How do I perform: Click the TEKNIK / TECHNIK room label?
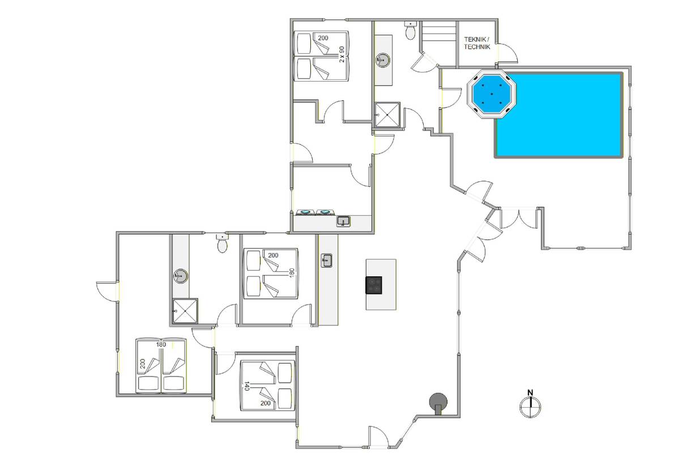(477, 43)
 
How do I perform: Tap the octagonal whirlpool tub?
(492, 94)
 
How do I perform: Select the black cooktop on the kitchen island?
(373, 285)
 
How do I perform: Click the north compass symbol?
(530, 407)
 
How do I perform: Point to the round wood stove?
(438, 403)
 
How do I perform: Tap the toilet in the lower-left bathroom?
(222, 243)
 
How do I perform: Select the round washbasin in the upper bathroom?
(383, 59)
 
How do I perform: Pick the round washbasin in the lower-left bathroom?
(181, 276)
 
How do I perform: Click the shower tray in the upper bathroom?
(387, 114)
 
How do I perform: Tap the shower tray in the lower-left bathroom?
(185, 311)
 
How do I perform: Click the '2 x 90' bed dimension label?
(342, 54)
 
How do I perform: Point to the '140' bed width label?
(246, 386)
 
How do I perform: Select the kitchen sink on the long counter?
(326, 260)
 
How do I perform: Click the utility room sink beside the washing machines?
(343, 221)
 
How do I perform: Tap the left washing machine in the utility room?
(305, 212)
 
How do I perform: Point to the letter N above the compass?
(530, 392)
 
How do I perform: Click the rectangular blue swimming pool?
(559, 115)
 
